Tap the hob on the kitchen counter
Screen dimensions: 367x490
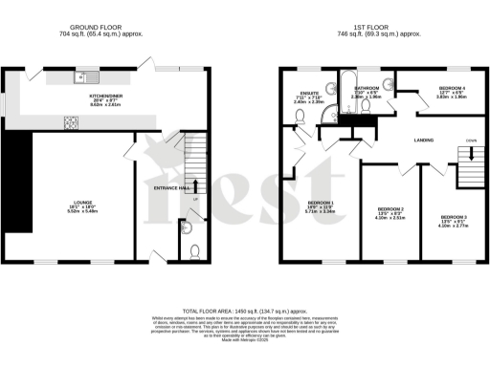tap(72, 121)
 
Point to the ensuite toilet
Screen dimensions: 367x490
tap(301, 117)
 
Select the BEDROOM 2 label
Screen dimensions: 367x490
tap(390, 209)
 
